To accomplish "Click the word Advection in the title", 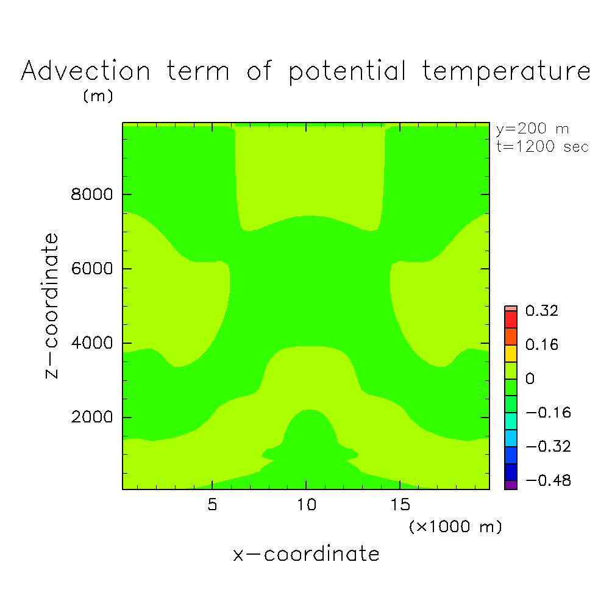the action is click(86, 71).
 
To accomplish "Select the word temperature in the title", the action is click(507, 72).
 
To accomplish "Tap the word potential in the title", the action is click(347, 72).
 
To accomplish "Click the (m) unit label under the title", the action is click(98, 96).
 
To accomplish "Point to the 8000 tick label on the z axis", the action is click(91, 194).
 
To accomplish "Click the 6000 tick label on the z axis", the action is click(91, 269).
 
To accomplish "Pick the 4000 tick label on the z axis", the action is click(91, 343).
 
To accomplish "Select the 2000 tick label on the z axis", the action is click(91, 417).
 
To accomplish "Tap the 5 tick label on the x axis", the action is click(212, 505).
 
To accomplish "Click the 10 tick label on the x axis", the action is click(307, 505).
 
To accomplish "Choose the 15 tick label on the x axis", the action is click(400, 505).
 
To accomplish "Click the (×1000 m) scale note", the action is click(455, 527).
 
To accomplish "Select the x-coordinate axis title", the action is click(306, 554).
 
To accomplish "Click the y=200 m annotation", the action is click(532, 129).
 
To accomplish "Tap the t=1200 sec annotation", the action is click(543, 146).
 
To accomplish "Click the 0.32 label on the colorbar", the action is click(542, 311).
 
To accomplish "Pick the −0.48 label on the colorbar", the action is click(549, 480).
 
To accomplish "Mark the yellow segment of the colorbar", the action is click(511, 353).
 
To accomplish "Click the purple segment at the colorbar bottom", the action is click(511, 485).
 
